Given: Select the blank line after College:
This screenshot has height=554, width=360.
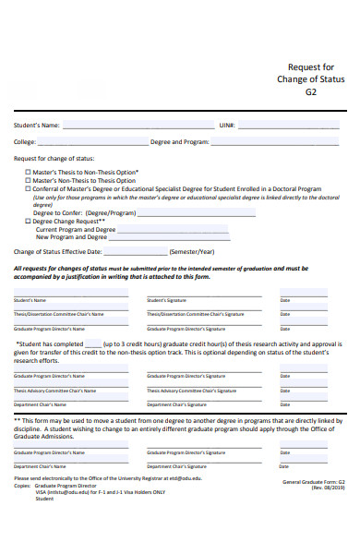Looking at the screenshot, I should [x=91, y=143].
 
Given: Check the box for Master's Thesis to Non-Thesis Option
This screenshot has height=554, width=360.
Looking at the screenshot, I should [x=28, y=172].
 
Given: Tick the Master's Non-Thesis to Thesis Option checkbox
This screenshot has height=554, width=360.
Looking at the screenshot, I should [x=28, y=180].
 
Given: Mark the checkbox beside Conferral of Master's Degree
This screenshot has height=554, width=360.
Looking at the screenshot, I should [x=28, y=188].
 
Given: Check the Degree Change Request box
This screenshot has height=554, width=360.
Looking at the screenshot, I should [x=28, y=222].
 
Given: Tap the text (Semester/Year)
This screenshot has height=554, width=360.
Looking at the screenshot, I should [x=192, y=251].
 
